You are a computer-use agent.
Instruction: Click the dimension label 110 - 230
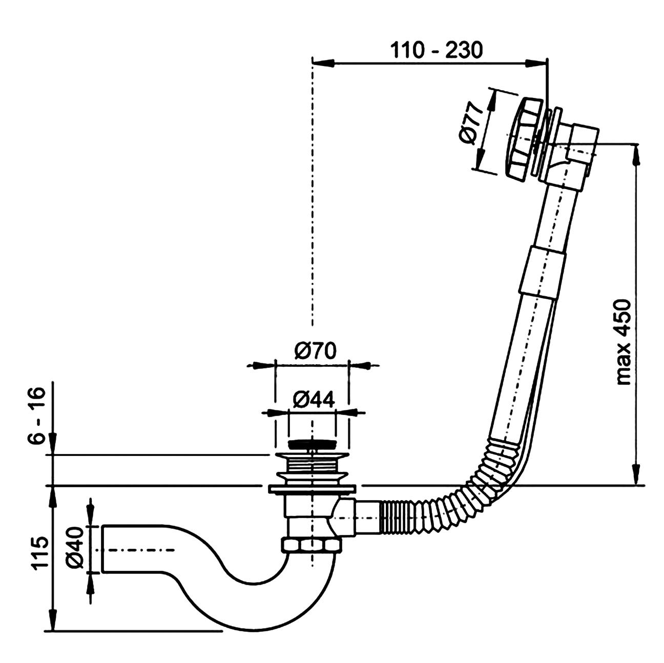pos(436,51)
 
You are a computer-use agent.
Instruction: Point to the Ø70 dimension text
pos(315,351)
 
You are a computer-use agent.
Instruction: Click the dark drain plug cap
pos(312,444)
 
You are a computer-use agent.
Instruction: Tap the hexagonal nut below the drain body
pos(312,546)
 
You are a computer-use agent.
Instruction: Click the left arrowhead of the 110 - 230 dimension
pos(323,63)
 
